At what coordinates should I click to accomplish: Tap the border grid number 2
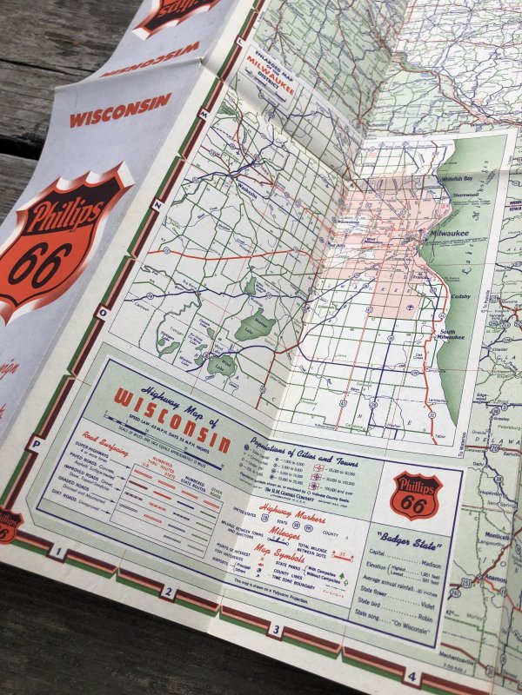point(167,594)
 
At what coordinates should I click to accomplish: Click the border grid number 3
point(275,630)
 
